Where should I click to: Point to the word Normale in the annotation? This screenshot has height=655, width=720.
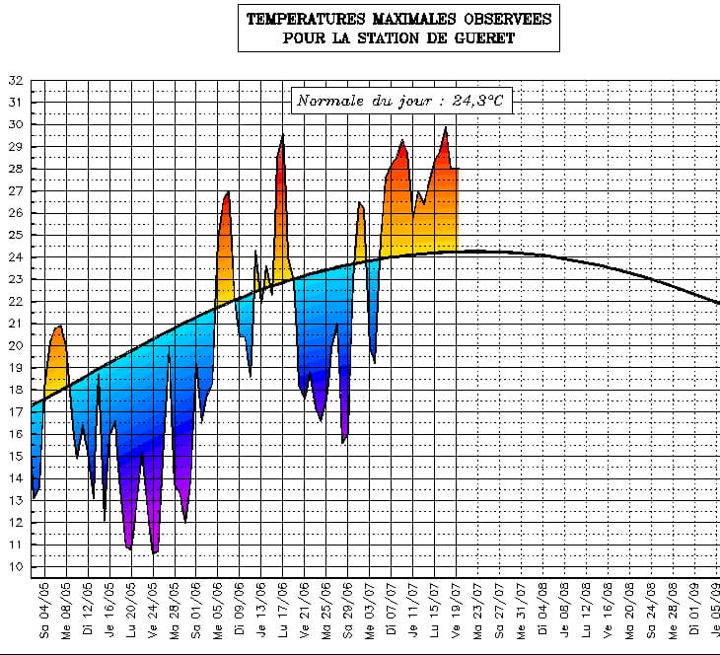(330, 101)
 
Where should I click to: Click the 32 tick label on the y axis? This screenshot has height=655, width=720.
(15, 81)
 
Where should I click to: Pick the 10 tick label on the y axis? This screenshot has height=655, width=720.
(15, 567)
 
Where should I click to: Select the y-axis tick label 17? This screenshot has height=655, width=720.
(15, 412)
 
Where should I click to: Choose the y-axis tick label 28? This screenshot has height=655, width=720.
(15, 169)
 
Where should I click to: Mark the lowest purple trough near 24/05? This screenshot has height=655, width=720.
(154, 552)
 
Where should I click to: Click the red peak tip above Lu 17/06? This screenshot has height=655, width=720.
(283, 135)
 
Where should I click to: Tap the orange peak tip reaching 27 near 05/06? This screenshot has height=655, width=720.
(228, 191)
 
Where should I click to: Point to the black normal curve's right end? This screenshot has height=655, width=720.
(718, 303)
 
